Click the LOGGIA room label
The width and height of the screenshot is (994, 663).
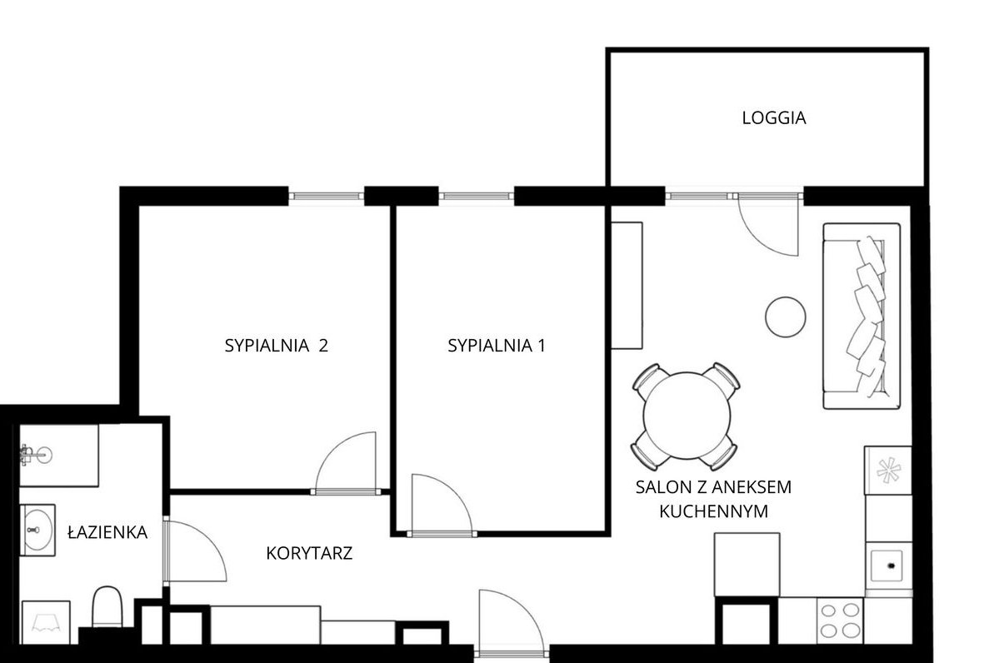point(774,118)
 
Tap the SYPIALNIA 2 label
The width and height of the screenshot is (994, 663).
point(276,346)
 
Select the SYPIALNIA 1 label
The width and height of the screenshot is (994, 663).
point(496,346)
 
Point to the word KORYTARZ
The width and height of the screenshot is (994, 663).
point(309,553)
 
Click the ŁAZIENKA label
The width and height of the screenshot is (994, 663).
point(107,532)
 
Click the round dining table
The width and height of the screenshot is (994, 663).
point(687,416)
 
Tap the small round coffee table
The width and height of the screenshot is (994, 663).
point(785,317)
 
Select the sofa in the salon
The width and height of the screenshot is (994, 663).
point(862,316)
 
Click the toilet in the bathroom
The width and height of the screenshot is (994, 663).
point(107,606)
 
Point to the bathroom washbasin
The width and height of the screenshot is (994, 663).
point(37,528)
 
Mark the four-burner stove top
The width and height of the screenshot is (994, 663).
point(840,619)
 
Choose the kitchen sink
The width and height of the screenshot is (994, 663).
point(889,566)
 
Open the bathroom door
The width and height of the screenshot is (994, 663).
point(195,551)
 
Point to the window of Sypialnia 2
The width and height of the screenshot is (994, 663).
point(327,197)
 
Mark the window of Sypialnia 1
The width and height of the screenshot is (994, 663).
point(477,197)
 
